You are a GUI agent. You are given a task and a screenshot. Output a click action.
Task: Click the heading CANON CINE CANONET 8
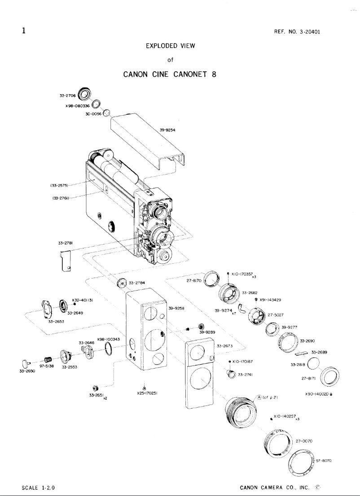pos(170,74)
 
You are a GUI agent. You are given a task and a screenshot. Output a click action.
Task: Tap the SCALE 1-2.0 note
pos(38,487)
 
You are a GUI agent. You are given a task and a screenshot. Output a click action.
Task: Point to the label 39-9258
pos(176,309)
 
